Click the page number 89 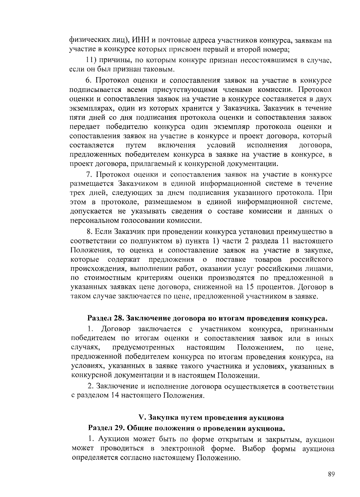(x=331, y=474)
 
